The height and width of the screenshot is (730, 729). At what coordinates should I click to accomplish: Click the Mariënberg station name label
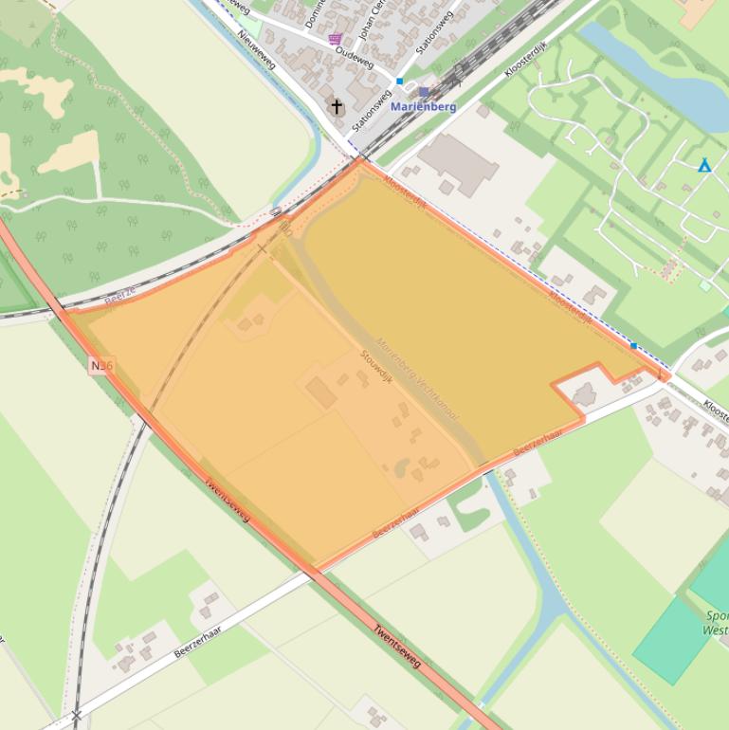423,107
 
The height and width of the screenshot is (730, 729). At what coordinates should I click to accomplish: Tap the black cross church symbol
337,106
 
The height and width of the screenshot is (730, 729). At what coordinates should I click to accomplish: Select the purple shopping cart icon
335,39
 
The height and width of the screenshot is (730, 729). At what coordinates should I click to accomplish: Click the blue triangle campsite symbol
704,167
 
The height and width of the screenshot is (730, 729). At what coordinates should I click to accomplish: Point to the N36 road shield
101,365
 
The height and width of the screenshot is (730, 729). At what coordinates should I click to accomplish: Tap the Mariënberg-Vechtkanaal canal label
417,379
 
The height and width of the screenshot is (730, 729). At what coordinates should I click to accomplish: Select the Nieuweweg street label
257,47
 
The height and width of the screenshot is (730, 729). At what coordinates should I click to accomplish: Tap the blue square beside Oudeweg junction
400,82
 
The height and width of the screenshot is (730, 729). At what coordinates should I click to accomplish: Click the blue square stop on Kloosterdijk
633,346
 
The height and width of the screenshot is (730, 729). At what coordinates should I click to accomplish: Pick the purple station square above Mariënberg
423,92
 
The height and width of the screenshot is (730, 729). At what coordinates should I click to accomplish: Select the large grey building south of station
459,163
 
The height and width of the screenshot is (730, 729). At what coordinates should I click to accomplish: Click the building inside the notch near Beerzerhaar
583,393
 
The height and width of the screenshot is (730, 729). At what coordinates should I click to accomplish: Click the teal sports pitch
673,640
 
